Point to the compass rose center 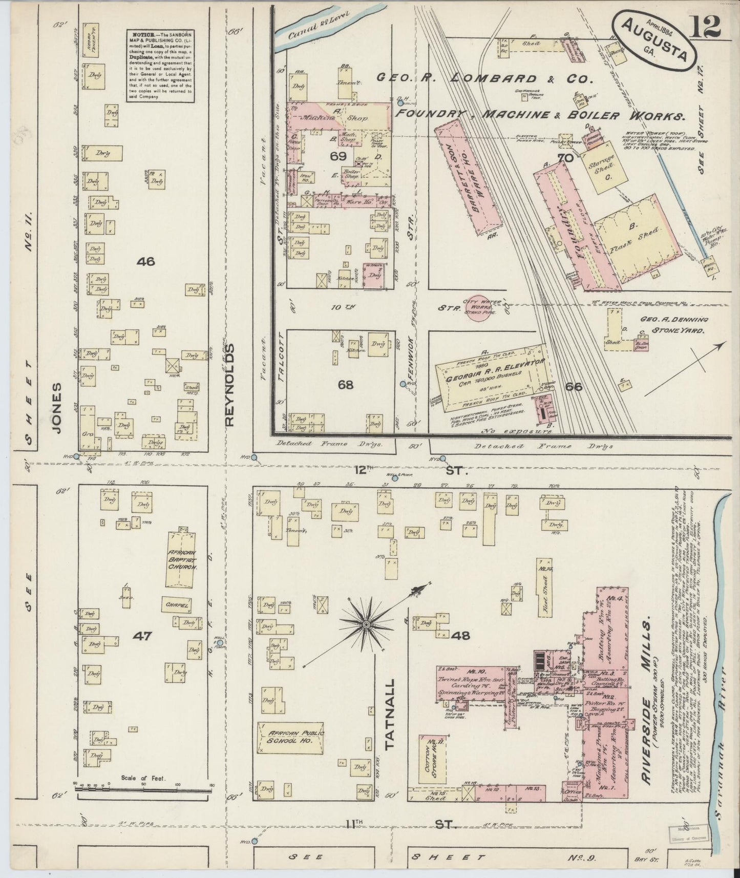(x=367, y=624)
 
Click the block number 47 (x=143, y=636)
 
